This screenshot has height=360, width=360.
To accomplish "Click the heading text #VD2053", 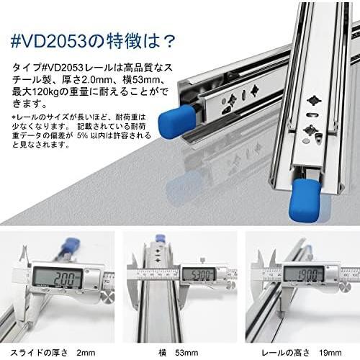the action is pos(49,41).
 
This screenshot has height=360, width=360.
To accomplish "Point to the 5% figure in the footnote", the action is pos(82,135).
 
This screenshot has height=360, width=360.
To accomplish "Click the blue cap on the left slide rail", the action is pos(177,122).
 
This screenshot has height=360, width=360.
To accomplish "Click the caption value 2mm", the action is pos(86,353).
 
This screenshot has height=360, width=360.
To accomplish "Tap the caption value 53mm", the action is pos(186,353).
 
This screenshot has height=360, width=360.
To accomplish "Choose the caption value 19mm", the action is pos(330,353).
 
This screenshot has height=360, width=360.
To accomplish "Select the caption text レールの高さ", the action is pos(286,353).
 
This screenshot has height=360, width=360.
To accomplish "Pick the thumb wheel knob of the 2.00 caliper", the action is pos(107,298).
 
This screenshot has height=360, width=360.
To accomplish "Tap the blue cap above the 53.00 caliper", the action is pos(159,238).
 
